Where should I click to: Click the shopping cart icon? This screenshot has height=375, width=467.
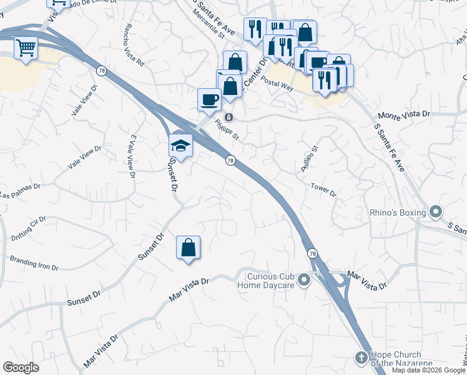pos(26,47)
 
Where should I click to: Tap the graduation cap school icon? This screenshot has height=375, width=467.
pos(180,146)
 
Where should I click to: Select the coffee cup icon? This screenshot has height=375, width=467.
pos(209,99)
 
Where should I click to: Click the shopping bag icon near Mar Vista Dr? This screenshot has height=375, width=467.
pos(188,247)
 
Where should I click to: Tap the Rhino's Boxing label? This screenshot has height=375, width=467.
pos(398,212)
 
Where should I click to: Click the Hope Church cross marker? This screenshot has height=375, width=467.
pos(360,357)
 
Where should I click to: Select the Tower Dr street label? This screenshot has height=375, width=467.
pos(323,190)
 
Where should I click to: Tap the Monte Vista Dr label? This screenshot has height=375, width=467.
pos(405,115)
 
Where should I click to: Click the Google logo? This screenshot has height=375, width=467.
pos(21,367)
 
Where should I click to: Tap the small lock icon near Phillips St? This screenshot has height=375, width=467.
pos(229,117)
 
